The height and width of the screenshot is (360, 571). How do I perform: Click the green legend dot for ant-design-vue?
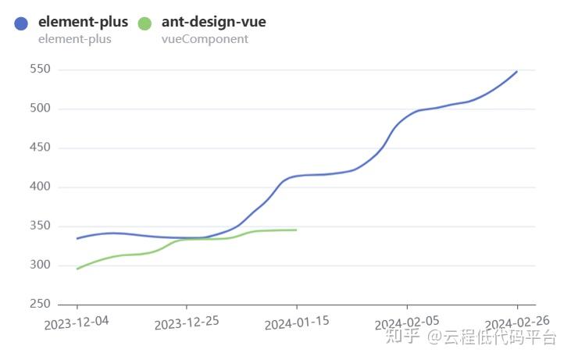(145, 23)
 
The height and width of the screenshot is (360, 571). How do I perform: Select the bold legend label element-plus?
(83, 22)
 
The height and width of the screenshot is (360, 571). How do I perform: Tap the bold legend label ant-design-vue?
(213, 22)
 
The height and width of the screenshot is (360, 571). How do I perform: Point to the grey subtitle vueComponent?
(205, 39)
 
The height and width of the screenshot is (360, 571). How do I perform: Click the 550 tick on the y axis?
(40, 70)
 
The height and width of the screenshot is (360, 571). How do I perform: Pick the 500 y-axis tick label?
(40, 109)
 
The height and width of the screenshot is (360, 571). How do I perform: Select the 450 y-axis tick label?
(40, 148)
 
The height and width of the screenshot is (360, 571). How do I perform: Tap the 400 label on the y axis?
(40, 187)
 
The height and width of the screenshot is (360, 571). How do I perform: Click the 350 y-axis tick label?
(40, 226)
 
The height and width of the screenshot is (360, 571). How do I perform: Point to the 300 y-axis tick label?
(40, 266)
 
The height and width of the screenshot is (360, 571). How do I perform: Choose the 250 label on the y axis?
(40, 305)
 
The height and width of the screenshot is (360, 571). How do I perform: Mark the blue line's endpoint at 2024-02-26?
(517, 71)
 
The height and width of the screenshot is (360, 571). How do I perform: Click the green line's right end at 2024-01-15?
(296, 230)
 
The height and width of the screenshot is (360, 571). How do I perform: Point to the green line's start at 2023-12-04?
(77, 269)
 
